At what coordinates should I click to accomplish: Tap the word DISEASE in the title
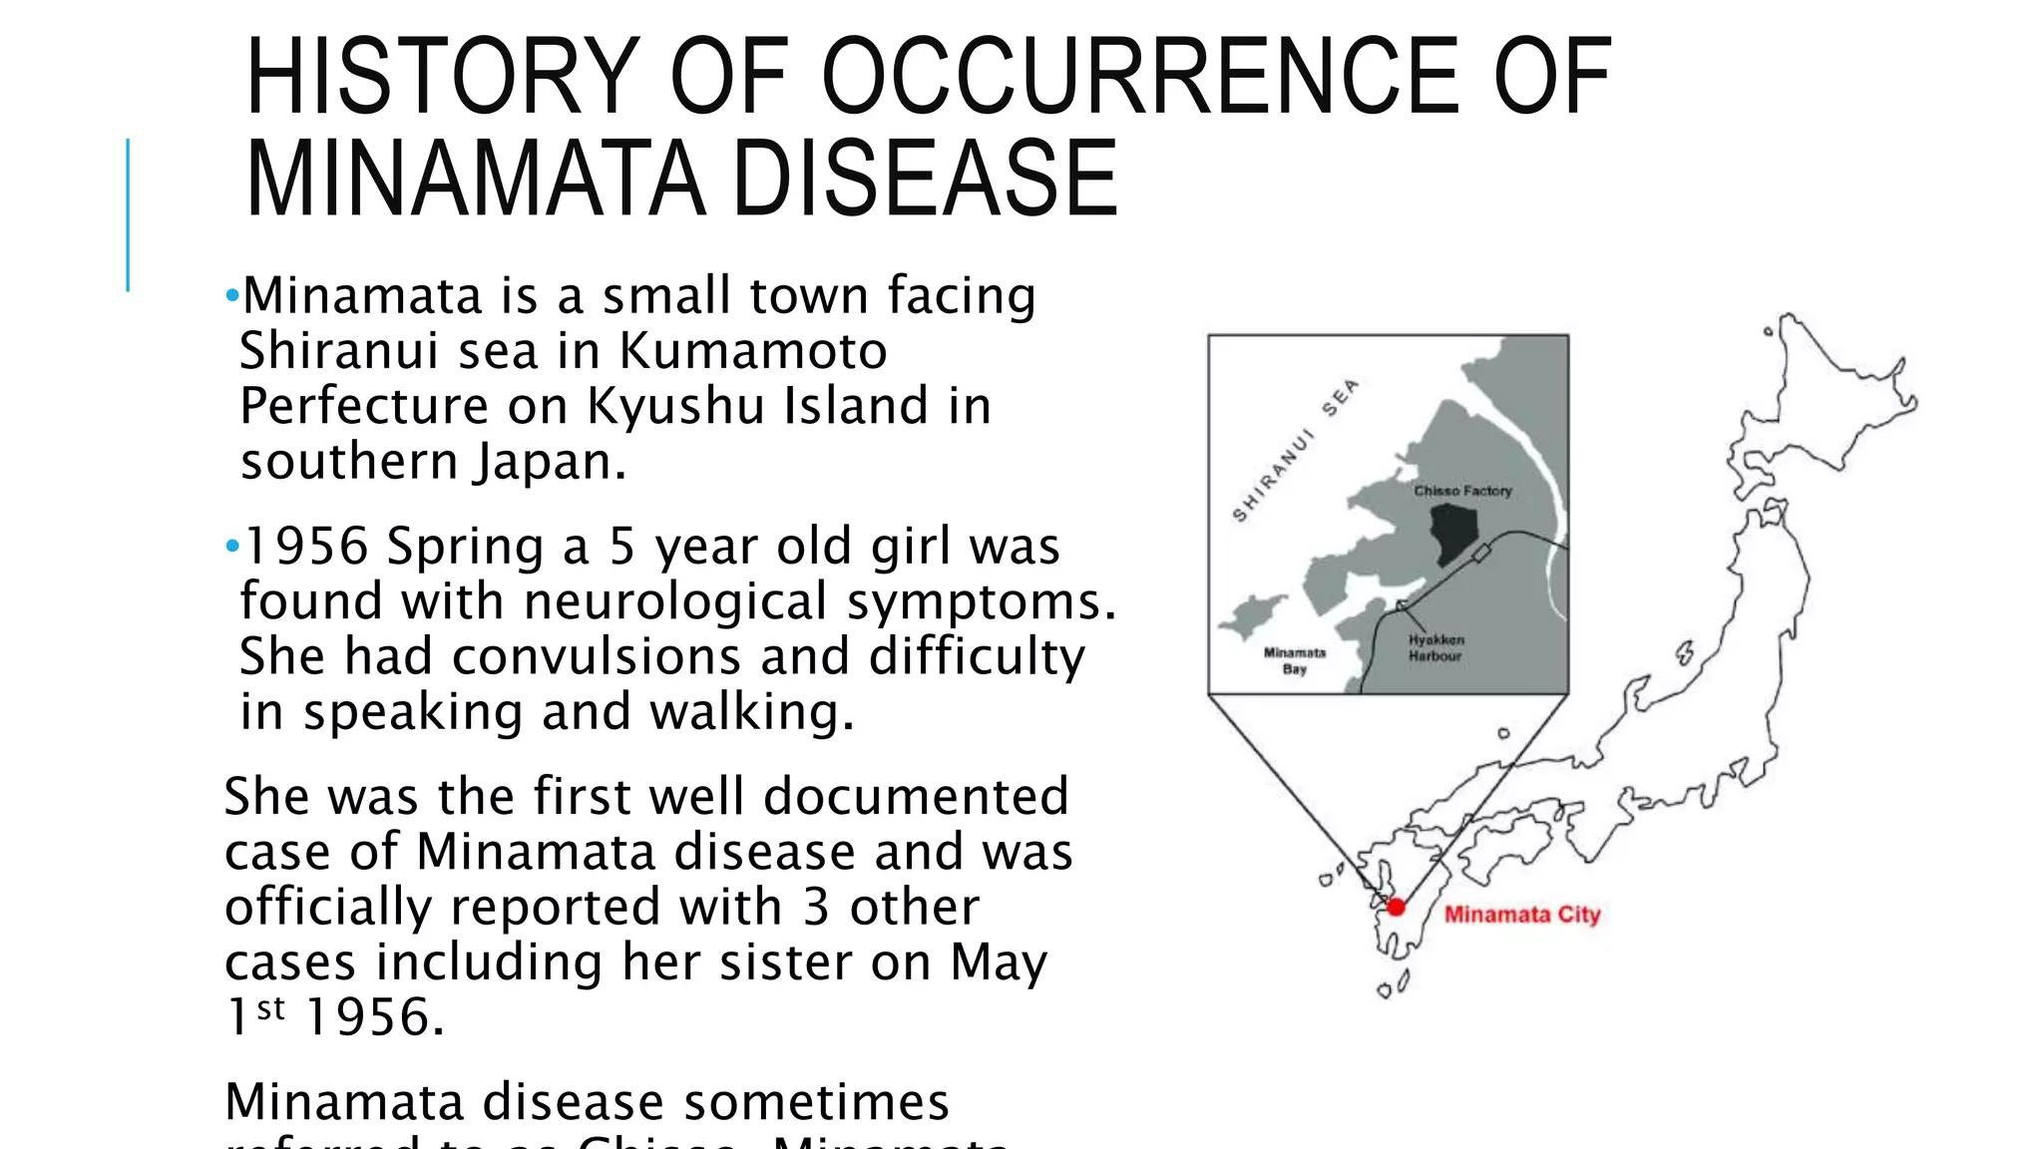[x=925, y=180]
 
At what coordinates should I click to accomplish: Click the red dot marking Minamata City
[x=1396, y=907]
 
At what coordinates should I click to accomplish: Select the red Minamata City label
[x=1521, y=915]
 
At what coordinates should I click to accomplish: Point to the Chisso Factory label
[x=1462, y=491]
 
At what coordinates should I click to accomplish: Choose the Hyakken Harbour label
[x=1435, y=648]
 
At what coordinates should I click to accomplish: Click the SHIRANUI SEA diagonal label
[x=1294, y=451]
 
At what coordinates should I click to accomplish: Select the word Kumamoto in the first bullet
[x=753, y=351]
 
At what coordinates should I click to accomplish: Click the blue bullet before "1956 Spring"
[x=232, y=547]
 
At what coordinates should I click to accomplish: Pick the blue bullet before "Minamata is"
[x=232, y=295]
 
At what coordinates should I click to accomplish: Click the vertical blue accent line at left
[x=128, y=214]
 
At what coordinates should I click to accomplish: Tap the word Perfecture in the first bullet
[x=363, y=406]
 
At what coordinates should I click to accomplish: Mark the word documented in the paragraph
[x=916, y=797]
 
